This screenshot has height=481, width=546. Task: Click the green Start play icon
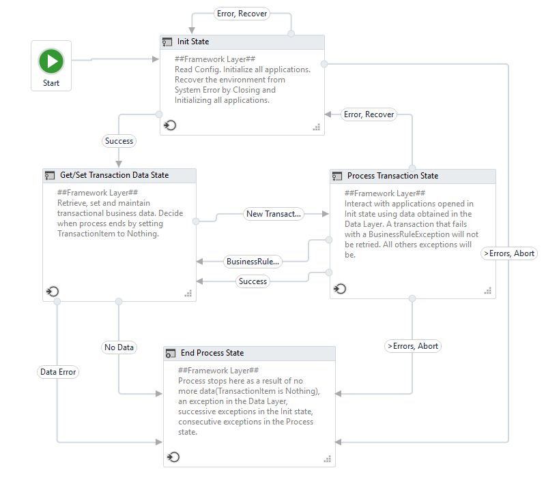point(51,61)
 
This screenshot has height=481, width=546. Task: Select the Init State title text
point(193,42)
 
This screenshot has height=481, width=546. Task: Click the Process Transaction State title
point(392,176)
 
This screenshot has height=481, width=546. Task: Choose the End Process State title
point(212,353)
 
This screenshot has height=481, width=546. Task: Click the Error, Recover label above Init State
point(242,14)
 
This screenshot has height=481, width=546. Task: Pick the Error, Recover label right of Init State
point(369,114)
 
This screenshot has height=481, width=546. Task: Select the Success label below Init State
point(119,141)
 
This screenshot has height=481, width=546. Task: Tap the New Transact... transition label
point(273,214)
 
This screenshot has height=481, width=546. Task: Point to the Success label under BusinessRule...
point(253,281)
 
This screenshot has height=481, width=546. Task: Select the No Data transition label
point(119,347)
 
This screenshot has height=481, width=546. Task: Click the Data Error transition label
point(58,372)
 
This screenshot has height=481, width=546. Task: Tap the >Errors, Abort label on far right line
point(508,253)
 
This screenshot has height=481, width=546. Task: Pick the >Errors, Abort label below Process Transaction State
point(412,346)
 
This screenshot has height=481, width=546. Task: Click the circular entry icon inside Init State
point(170,125)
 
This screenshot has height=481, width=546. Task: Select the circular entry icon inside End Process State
point(173,456)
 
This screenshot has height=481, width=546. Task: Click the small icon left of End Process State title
point(171,354)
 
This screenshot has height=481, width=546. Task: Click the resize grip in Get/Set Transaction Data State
point(188,293)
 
